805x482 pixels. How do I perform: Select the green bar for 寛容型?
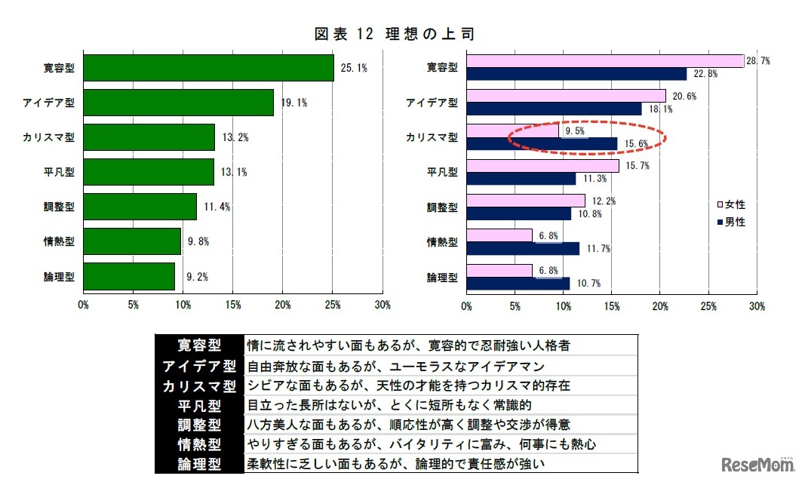pos(208,68)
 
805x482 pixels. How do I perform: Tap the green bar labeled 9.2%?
pos(129,276)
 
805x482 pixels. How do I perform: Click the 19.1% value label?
pos(293,103)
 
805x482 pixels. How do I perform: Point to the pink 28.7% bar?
pos(604,61)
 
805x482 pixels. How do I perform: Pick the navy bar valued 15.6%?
pos(541,143)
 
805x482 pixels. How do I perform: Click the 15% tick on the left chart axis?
pos(233,305)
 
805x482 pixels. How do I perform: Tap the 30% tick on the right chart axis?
pos(757,306)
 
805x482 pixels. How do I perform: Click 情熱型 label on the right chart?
pos(442,242)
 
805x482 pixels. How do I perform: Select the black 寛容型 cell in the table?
pos(199,345)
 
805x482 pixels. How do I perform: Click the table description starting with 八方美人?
pos(407,424)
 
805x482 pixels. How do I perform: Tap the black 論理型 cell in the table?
pos(199,463)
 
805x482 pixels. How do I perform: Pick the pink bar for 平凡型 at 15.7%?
pos(542,165)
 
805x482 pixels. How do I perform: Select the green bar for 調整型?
pos(140,207)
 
